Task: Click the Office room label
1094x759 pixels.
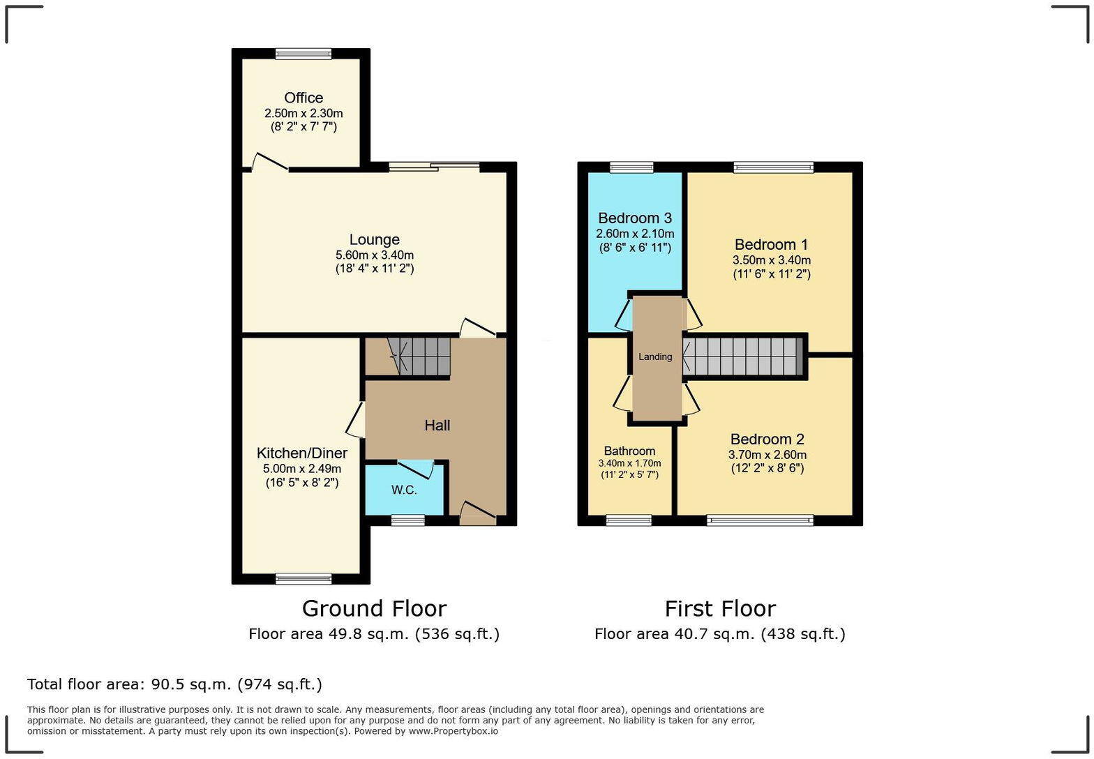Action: coord(304,98)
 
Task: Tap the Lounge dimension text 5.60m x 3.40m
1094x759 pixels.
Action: coord(374,255)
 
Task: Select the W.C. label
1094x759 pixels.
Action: coord(404,490)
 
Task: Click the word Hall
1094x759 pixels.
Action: coord(437,426)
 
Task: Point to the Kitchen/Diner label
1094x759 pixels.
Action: coord(301,453)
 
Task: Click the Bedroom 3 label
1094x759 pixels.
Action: coord(634,218)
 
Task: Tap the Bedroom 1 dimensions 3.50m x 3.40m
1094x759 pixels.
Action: coord(771,260)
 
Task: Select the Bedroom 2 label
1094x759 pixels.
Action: coord(767,439)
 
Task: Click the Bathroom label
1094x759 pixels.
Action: coord(629,451)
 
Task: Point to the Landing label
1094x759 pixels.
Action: coord(655,356)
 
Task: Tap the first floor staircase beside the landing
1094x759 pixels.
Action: coord(742,356)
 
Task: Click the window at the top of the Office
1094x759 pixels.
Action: coord(303,53)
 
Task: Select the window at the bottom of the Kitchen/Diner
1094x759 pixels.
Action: coord(303,578)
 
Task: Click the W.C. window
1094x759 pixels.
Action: coord(407,520)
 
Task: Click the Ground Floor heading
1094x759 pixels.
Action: coord(374,608)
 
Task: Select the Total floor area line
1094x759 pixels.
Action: coord(174,684)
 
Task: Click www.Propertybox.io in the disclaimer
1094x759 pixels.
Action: coord(454,731)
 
